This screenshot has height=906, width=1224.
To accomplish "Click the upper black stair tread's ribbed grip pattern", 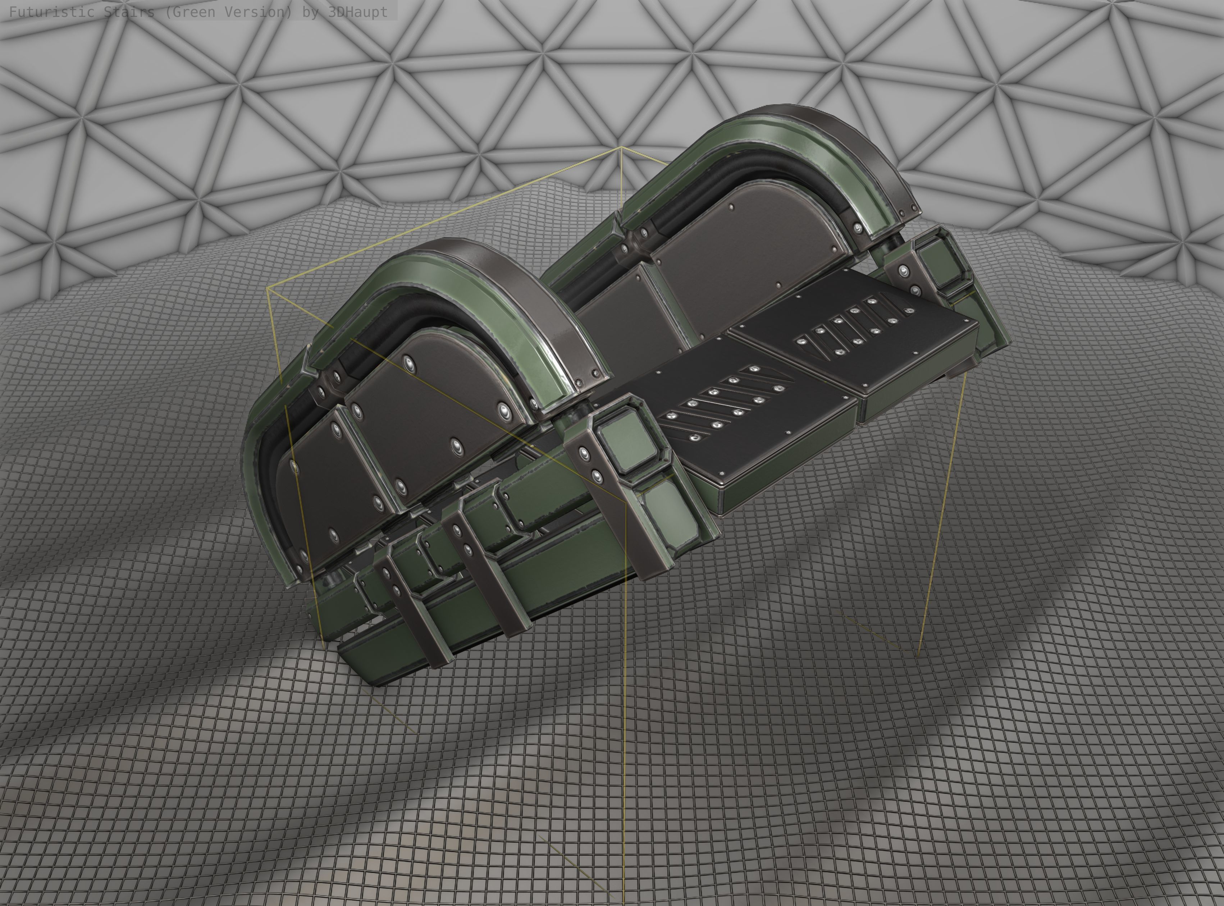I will click(855, 329).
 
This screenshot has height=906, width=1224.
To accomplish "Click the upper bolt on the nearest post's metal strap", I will click(585, 454).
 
